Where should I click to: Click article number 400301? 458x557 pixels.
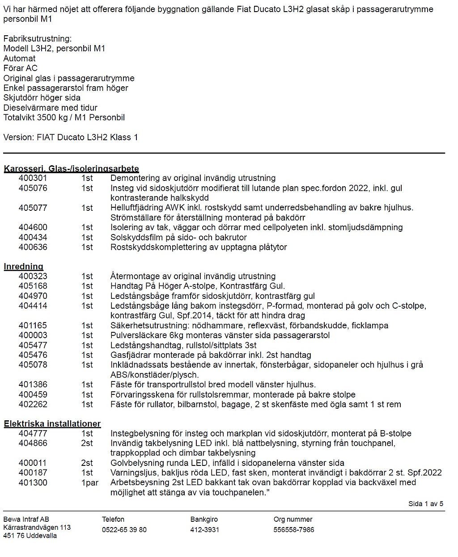click(33, 178)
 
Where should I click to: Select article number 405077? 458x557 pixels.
click(33, 208)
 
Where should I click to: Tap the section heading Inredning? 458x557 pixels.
click(24, 267)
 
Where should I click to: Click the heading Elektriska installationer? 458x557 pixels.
click(52, 423)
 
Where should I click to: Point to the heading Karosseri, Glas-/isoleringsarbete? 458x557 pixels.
click(72, 169)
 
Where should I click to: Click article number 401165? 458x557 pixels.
click(33, 326)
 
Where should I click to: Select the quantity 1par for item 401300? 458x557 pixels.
click(89, 483)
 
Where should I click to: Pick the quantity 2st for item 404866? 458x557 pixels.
click(87, 444)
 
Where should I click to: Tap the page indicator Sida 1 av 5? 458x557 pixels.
click(426, 504)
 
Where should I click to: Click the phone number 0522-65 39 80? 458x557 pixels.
click(124, 530)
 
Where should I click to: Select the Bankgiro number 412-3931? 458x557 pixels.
click(205, 530)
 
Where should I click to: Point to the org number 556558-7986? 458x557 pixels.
click(294, 530)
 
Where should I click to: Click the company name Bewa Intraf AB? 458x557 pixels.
click(26, 519)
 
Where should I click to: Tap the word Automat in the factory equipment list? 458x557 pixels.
click(19, 59)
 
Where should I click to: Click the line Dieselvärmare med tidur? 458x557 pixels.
click(50, 108)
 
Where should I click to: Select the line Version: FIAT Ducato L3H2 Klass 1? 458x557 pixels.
click(71, 137)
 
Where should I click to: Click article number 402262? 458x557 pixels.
click(33, 404)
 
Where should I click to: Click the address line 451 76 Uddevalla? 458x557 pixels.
click(30, 536)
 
